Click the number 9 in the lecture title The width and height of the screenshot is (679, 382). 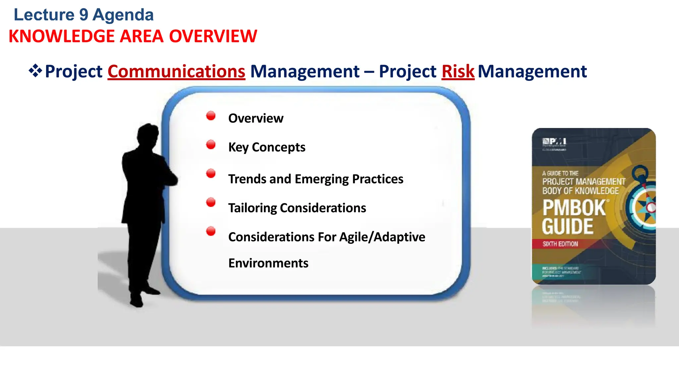coord(84,15)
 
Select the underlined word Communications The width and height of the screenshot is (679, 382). coord(176,71)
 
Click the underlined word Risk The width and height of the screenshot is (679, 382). coord(458,71)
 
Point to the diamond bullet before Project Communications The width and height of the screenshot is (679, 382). coord(35,71)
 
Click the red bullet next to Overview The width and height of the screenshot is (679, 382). coord(211,116)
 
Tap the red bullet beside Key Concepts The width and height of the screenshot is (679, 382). coord(211,145)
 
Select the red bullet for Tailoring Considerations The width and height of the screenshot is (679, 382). coord(211,202)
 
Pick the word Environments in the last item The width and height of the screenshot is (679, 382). coord(268,263)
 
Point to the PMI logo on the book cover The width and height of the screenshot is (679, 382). coord(554,142)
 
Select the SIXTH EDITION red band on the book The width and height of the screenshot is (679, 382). coord(560,244)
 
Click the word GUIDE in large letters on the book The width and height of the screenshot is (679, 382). coord(568,227)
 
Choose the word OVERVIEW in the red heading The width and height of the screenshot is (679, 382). coord(213,36)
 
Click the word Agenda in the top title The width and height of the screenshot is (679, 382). coord(123,15)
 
